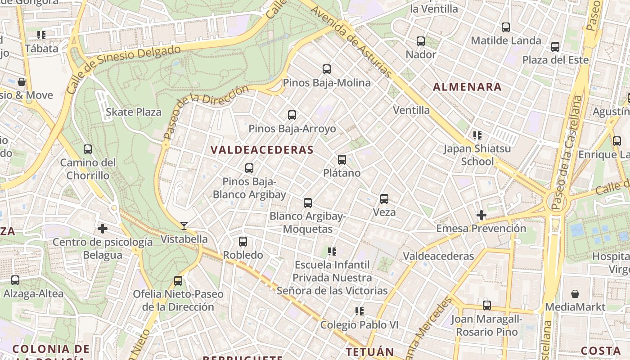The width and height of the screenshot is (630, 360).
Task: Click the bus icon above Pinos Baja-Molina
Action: [x=327, y=69]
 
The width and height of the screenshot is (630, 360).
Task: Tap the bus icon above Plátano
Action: [x=342, y=159]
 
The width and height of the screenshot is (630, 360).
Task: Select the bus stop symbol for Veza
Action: [x=384, y=198]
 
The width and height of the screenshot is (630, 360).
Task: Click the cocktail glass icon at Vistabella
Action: [x=184, y=225]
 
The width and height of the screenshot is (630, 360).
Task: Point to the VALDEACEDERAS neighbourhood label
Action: [x=262, y=150]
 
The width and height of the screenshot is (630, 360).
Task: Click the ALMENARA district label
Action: [x=467, y=87]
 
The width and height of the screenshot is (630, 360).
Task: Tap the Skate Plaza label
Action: [x=134, y=112]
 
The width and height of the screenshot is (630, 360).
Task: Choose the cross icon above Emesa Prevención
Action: [x=481, y=215]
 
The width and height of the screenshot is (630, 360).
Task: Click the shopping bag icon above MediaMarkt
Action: [x=575, y=294]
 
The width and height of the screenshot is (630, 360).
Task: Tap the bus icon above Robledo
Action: [x=243, y=241]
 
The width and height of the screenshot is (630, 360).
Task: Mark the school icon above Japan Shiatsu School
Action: [x=477, y=135]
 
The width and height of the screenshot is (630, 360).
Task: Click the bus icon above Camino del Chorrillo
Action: [x=88, y=149]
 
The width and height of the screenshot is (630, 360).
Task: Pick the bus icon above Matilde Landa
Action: [x=506, y=27]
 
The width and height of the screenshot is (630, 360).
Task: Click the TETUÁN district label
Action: [x=369, y=351]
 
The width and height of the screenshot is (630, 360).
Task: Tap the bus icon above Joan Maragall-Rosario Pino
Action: [x=487, y=305]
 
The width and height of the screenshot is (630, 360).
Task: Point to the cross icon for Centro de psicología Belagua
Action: [x=103, y=229]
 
